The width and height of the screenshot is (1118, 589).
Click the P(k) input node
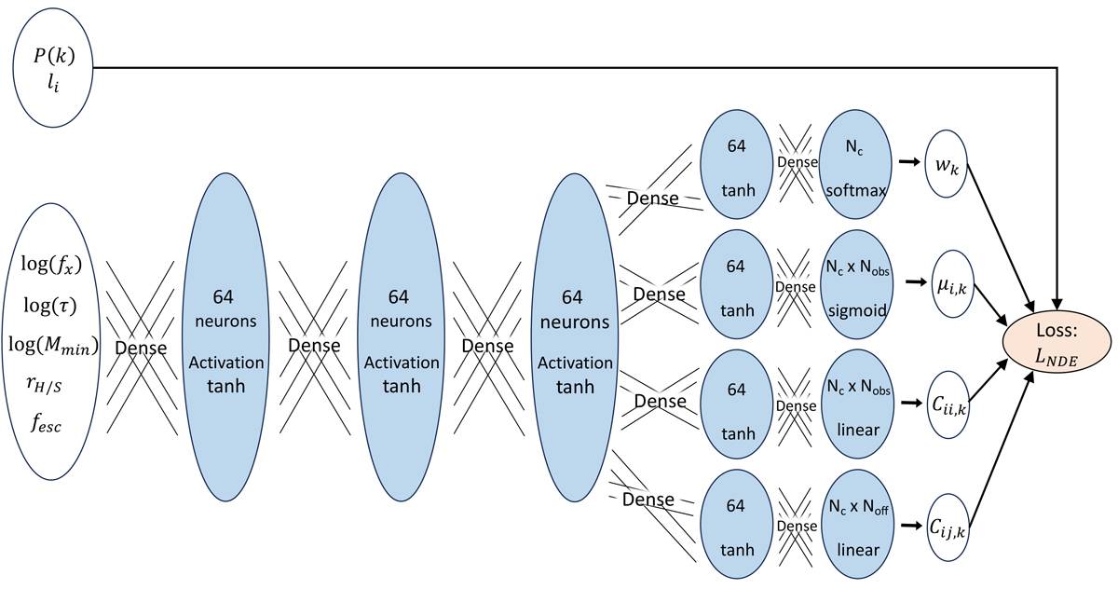coord(53,67)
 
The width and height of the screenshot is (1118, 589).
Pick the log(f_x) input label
coord(51,265)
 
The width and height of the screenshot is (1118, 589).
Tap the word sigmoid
coord(855,310)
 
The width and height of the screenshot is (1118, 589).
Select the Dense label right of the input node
coord(140,347)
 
